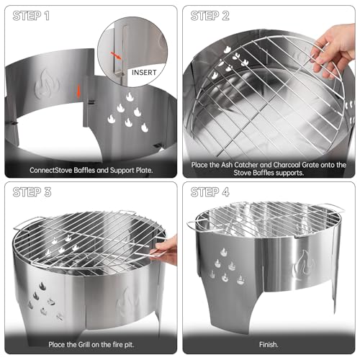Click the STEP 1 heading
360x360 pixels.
click(x=31, y=16)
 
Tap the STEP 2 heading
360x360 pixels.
click(x=210, y=16)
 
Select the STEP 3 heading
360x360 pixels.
click(x=32, y=192)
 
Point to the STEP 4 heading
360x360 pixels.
click(x=210, y=192)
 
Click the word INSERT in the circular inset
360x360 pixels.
click(x=144, y=72)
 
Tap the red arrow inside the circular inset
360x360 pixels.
click(x=116, y=55)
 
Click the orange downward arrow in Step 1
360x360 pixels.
click(x=78, y=91)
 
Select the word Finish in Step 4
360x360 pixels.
click(x=269, y=345)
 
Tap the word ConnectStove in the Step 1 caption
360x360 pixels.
click(x=51, y=170)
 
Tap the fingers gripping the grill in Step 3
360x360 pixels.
click(x=164, y=251)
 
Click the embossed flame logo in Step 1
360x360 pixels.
click(x=46, y=84)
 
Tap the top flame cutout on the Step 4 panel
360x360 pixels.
click(x=224, y=252)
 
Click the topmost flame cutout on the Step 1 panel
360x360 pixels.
click(x=130, y=97)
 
